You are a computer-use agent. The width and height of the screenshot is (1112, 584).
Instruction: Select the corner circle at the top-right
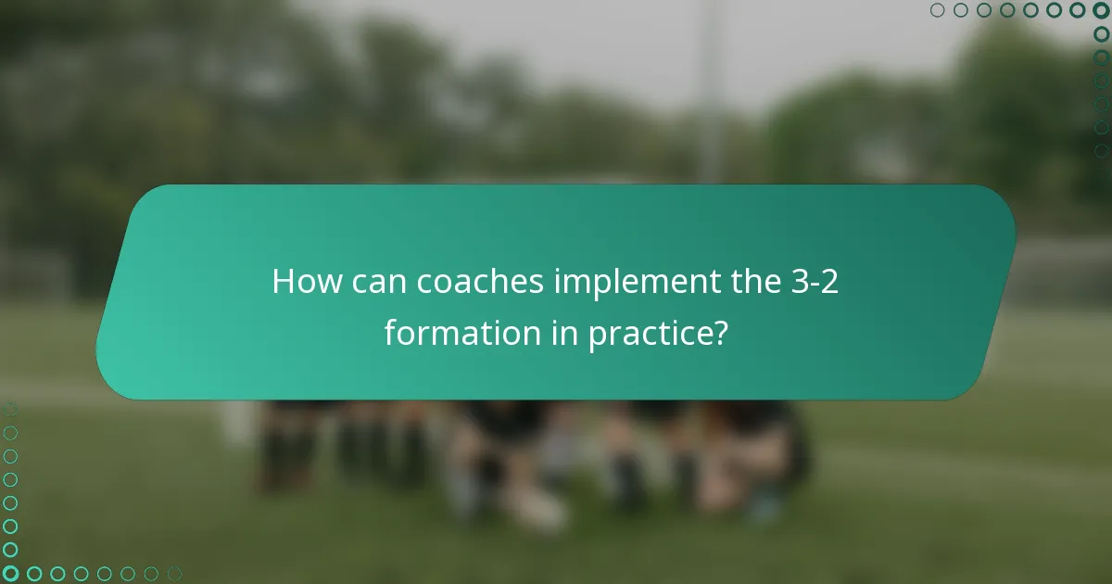coord(1101,10)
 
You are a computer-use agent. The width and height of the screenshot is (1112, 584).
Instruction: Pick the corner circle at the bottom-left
coord(10,574)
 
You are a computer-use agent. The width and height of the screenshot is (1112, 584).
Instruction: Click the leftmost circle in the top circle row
coord(938,10)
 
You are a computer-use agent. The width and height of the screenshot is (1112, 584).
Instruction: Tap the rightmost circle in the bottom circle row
coord(174,574)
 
